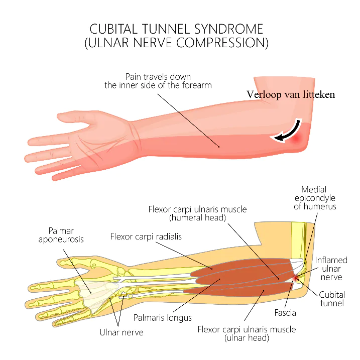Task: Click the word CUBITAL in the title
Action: coord(113,29)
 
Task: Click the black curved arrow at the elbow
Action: coord(288,131)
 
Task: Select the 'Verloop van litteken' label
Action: coord(291,94)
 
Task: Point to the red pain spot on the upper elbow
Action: coord(296,138)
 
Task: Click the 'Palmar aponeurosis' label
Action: coord(61,235)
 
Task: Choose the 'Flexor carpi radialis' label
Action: coord(146,236)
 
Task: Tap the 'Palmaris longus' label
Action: coord(163,318)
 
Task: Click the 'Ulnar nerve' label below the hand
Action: coord(122,332)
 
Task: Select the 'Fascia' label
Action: coord(285,313)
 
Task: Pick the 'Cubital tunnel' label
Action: coord(332,299)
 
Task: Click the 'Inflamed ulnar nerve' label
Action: coord(331,269)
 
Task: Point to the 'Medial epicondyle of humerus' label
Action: coord(315,198)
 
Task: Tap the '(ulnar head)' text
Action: coord(247,338)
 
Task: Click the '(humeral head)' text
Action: coord(197,217)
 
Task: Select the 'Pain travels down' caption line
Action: coord(158,76)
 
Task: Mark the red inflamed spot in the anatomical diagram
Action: coord(296,278)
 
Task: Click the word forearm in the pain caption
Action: coord(197,85)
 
